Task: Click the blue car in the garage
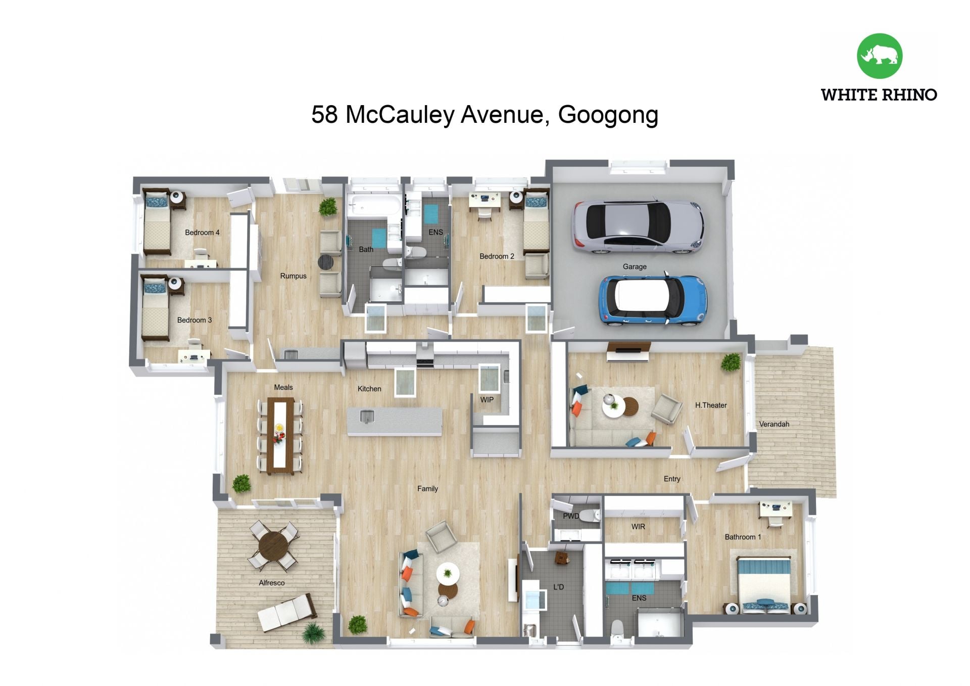click(x=652, y=300)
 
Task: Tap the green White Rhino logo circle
click(x=880, y=56)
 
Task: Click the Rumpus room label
click(x=293, y=276)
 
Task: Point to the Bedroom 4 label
click(x=202, y=233)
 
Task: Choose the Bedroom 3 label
click(x=195, y=320)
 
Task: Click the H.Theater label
click(x=711, y=405)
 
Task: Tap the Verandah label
click(x=774, y=424)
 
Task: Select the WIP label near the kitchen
click(x=487, y=399)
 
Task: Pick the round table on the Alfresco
click(x=273, y=544)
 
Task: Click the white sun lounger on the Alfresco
click(x=287, y=612)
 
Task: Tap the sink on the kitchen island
click(x=367, y=417)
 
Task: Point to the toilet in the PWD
click(x=589, y=516)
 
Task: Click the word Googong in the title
click(x=608, y=115)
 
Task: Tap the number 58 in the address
click(x=324, y=114)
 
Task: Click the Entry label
click(x=672, y=479)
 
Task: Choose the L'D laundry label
click(x=558, y=587)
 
